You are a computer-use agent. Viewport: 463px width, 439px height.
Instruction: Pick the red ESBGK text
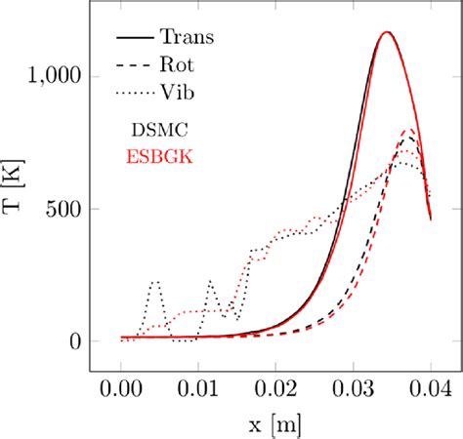pos(159,155)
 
